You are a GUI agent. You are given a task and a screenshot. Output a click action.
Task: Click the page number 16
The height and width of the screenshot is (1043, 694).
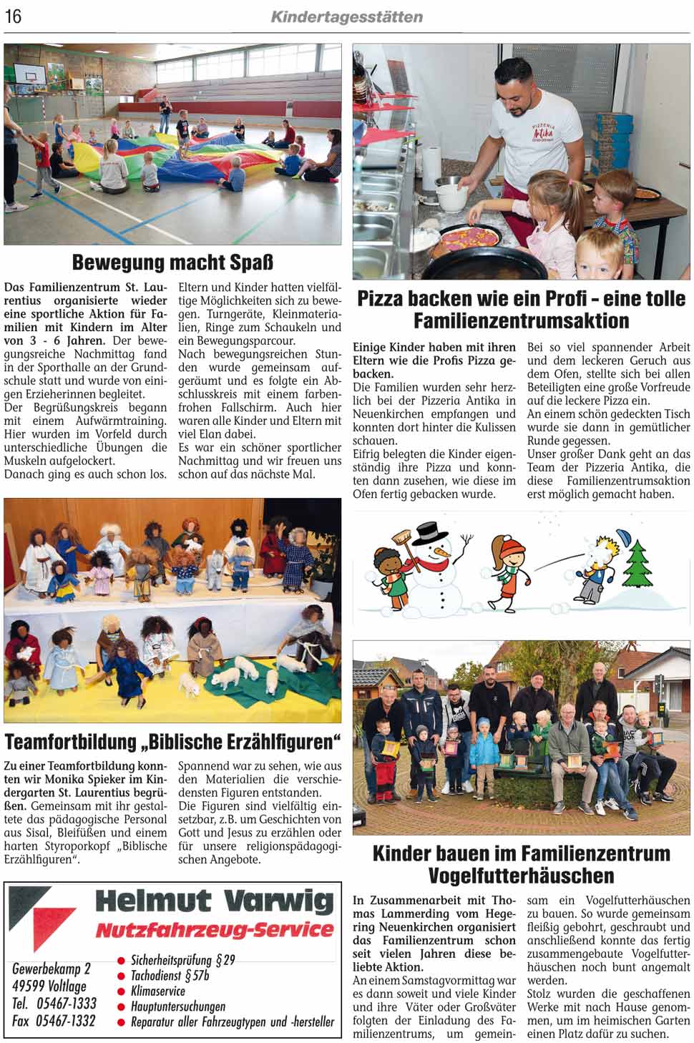[13, 16]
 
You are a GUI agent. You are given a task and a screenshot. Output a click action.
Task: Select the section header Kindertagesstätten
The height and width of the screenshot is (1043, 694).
[346, 16]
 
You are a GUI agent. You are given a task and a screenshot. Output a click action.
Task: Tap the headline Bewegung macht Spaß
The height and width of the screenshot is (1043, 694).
[172, 262]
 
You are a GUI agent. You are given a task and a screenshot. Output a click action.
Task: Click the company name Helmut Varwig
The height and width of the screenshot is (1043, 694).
[214, 901]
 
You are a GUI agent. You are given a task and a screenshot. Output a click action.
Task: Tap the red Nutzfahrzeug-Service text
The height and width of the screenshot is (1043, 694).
[214, 929]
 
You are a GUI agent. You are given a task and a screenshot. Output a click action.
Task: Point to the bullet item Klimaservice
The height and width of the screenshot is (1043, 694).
[157, 991]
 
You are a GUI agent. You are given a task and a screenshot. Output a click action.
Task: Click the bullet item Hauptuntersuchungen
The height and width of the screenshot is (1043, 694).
[177, 1007]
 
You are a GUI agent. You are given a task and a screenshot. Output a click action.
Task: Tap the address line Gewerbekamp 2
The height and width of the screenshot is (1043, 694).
[52, 969]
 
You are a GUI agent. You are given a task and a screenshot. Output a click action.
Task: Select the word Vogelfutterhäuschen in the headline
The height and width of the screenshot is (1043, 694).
[521, 875]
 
